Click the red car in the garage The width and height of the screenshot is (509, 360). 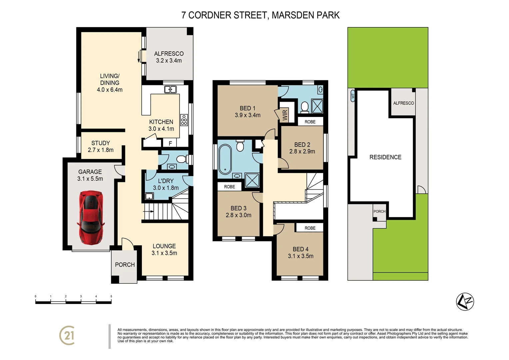click(91, 217)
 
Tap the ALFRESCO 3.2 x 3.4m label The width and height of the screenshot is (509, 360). click(169, 57)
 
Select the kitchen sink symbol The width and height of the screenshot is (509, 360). click(170, 89)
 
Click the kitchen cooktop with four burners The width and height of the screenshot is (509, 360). click(184, 120)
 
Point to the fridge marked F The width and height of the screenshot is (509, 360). click(170, 143)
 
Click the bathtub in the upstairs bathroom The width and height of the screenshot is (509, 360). click(225, 159)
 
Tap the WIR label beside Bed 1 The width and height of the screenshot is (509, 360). click(285, 115)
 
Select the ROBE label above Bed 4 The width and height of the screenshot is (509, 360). click(310, 228)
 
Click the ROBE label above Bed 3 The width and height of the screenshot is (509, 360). click(230, 187)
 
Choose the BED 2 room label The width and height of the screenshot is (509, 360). click(302, 148)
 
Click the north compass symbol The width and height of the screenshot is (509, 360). click(465, 302)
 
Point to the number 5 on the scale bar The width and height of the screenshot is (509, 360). click(111, 296)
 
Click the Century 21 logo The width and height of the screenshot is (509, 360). click(67, 335)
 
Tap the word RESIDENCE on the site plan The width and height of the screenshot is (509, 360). click(385, 157)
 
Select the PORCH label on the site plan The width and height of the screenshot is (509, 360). click(379, 211)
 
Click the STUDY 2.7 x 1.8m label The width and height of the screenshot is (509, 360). click(101, 146)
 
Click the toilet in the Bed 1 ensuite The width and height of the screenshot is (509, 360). click(304, 107)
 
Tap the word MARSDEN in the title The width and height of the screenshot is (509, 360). click(288, 15)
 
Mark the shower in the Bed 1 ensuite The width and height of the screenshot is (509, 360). click(317, 106)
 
